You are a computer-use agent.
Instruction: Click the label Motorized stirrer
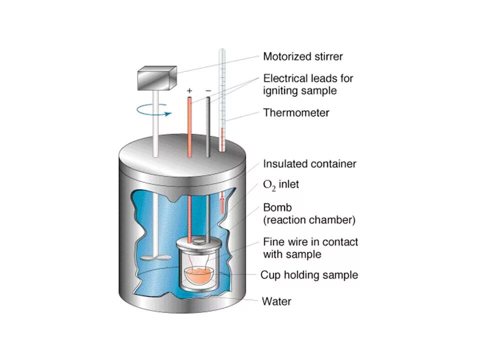coord(303,56)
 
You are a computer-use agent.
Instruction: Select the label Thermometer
coord(296,112)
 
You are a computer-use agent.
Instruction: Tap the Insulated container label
coord(309,163)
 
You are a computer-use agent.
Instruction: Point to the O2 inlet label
coord(281,185)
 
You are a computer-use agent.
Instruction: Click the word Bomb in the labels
coord(277,207)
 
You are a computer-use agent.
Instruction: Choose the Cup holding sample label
coord(309,275)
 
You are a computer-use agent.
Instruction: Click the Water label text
coord(276,301)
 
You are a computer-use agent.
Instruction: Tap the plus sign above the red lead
coord(189,91)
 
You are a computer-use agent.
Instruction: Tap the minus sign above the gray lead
coord(208,91)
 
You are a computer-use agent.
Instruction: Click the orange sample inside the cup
coord(199,275)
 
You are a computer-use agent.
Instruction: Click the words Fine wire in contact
coord(310,242)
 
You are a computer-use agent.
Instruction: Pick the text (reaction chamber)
coord(309,219)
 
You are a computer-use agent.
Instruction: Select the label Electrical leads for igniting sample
coord(308,84)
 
